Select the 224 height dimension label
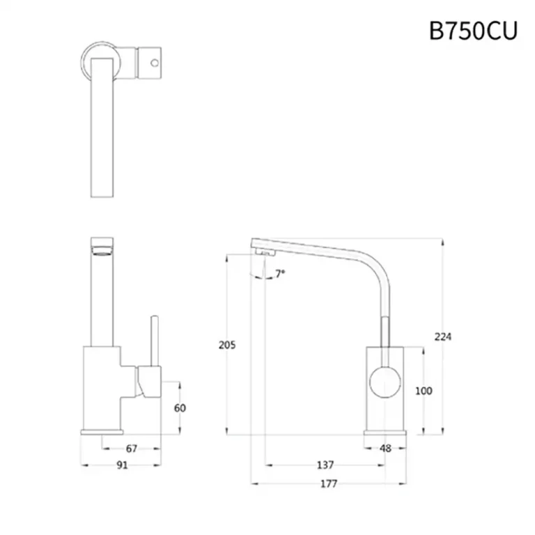[x=444, y=337]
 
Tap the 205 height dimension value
[x=227, y=345]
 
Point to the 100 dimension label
[x=424, y=391]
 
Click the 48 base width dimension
[x=385, y=449]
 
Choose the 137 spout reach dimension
[x=325, y=465]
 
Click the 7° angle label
[x=280, y=274]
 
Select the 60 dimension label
[x=180, y=408]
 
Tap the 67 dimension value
[x=132, y=449]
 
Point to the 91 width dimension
[x=122, y=466]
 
